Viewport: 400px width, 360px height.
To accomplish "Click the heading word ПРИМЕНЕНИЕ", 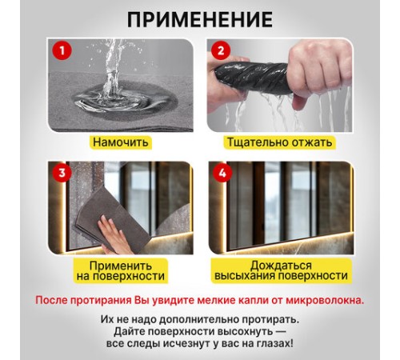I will (199, 19).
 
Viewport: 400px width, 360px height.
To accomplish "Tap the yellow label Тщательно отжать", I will (279, 142).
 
